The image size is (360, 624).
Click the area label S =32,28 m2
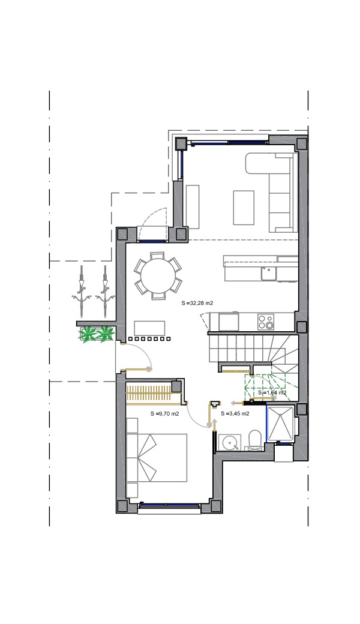point(197,303)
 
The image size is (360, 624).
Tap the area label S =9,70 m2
point(164,413)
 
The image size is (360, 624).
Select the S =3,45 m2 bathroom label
point(235,413)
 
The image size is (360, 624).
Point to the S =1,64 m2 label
point(272,392)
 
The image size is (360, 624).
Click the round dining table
point(158,275)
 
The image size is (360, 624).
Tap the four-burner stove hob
point(266,322)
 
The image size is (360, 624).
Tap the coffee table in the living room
point(244,208)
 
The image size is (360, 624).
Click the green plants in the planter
point(96,334)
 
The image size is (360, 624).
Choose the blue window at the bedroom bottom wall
point(169,505)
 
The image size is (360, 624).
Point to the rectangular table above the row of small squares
point(149,328)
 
